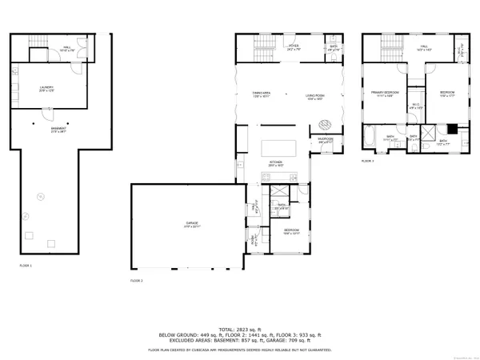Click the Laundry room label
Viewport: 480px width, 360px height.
[x=46, y=89]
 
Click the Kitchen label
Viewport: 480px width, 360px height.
[x=276, y=162]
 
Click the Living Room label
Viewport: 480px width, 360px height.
[x=314, y=96]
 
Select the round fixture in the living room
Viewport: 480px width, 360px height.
[x=326, y=124]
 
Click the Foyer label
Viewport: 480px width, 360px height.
[x=294, y=47]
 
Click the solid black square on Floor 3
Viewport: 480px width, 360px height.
[x=452, y=127]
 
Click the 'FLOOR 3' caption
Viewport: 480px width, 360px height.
[x=367, y=162]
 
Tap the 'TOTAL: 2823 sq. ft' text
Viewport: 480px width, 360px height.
[x=240, y=318]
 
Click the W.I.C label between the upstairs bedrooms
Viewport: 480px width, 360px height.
[x=415, y=105]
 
